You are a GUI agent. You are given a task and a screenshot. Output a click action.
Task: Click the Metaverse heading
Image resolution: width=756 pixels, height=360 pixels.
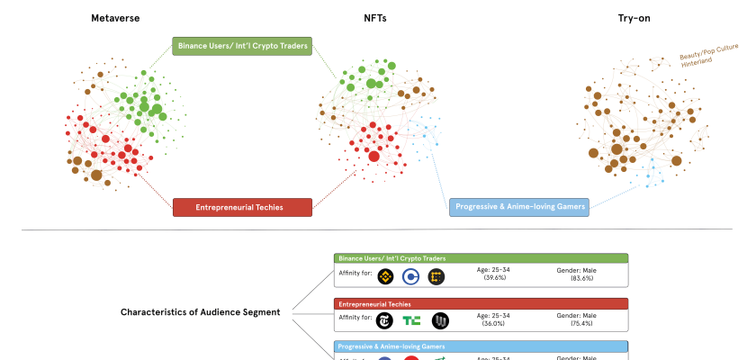[113, 18]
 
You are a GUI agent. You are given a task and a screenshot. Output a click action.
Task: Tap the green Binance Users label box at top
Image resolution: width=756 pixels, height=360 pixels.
[242, 46]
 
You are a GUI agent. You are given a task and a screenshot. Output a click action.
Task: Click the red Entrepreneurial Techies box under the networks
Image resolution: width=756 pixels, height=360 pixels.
[242, 207]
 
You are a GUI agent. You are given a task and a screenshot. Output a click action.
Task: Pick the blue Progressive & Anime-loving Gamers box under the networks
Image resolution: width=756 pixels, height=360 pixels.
[518, 207]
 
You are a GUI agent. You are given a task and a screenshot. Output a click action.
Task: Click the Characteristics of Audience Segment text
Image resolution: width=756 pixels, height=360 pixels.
[200, 312]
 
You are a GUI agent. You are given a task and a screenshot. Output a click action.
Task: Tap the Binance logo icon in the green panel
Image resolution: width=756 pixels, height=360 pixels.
[387, 276]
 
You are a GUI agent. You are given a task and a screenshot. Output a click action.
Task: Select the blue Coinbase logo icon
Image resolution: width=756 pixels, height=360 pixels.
[412, 276]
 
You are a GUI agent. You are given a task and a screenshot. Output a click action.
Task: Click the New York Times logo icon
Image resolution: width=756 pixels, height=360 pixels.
[387, 320]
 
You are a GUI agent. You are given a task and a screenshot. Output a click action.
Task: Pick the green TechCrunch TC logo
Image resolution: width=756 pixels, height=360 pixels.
[412, 320]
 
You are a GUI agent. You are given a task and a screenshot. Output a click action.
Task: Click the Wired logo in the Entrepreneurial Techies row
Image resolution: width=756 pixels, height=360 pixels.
[439, 320]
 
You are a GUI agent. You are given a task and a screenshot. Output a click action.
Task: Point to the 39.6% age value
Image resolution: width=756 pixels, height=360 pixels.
[493, 278]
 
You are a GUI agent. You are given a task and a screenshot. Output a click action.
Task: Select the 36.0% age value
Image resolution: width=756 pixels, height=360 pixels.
[493, 323]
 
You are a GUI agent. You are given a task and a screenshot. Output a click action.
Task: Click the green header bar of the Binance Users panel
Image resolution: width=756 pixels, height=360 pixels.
[481, 258]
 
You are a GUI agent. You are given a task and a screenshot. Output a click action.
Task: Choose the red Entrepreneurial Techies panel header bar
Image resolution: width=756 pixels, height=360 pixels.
[481, 304]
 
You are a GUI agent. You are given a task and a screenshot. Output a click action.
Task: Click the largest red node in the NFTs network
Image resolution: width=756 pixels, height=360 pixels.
[374, 157]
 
